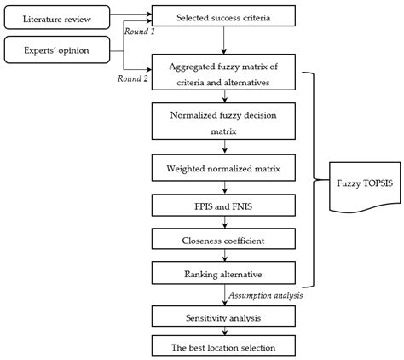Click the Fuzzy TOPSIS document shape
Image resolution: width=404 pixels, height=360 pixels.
point(359,184)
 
